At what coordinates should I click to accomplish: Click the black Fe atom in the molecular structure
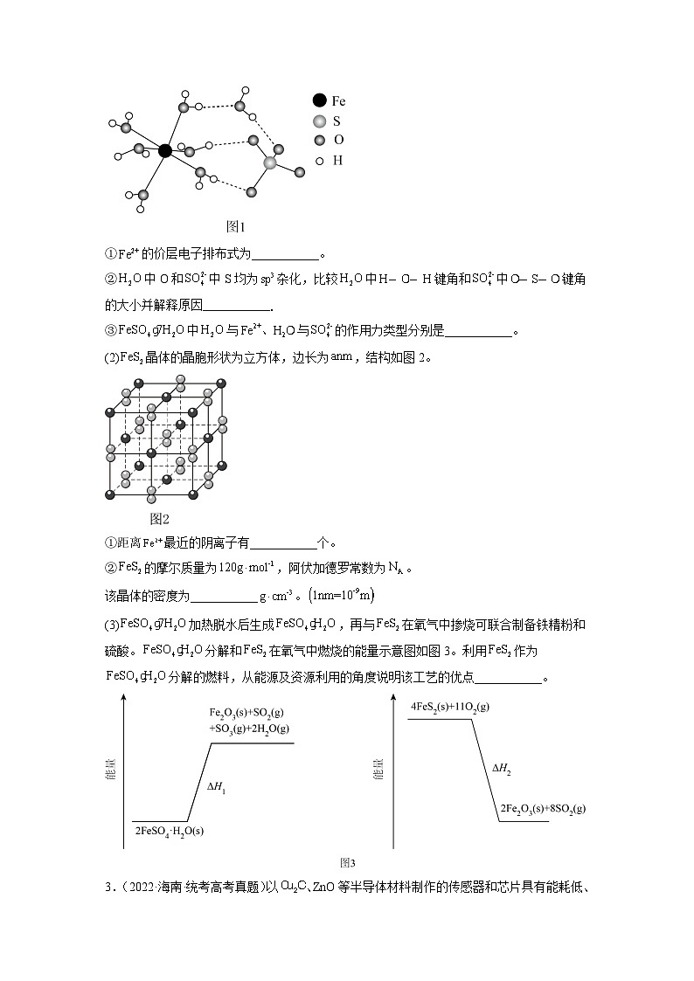pos(165,150)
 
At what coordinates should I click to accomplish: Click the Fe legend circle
pos(320,101)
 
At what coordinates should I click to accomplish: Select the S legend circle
pos(320,121)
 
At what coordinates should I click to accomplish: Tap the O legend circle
pos(320,141)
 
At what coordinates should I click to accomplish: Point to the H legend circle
pos(320,161)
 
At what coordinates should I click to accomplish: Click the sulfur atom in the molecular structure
pos(270,162)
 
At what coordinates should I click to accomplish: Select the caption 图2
pos(160,519)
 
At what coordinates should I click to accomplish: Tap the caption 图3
pos(348,862)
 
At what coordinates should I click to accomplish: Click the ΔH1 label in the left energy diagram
pos(217,787)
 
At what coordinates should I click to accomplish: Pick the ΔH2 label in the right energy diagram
pos(501,770)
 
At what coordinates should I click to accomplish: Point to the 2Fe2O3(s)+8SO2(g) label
pos(543,810)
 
